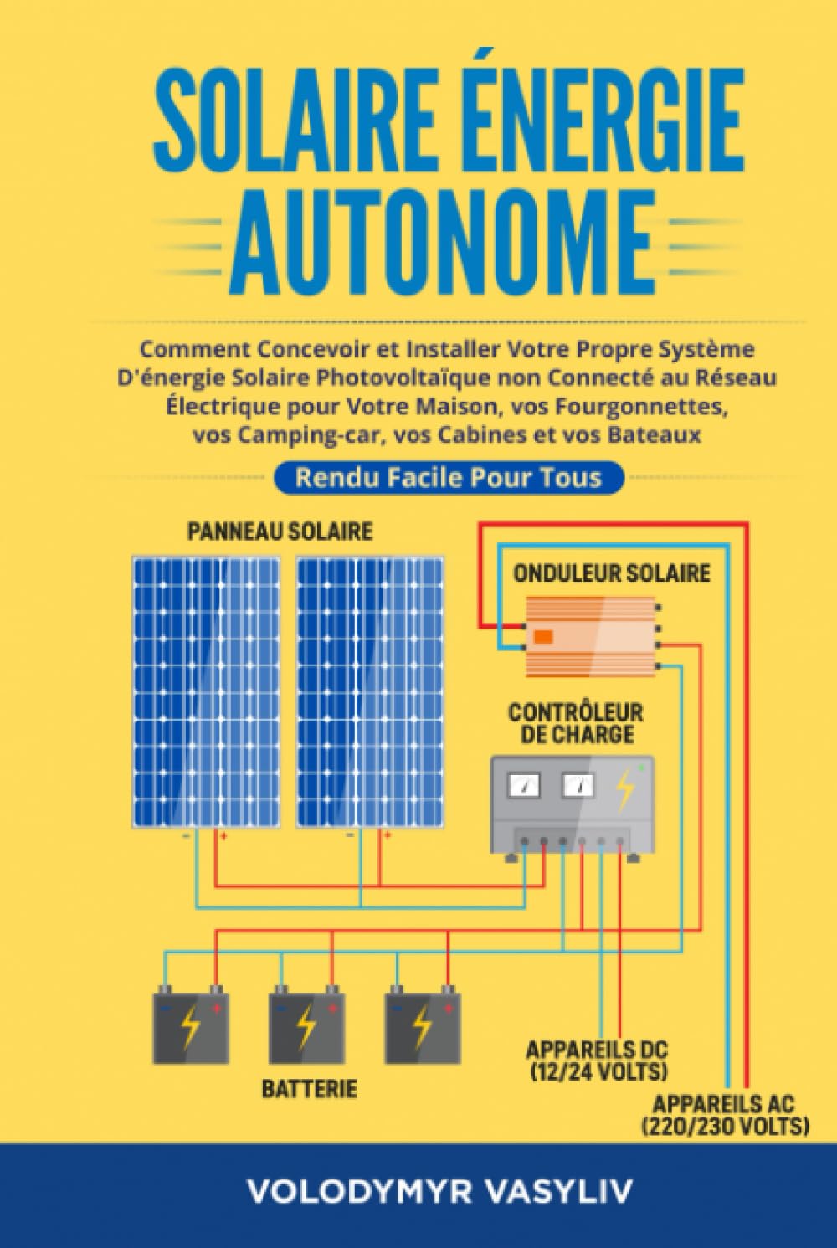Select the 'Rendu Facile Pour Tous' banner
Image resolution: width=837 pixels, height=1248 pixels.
coord(449,477)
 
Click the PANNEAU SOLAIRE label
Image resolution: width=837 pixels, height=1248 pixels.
coord(280,531)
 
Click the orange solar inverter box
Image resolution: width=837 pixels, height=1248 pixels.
coord(591,637)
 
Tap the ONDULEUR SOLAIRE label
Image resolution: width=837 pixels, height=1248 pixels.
coord(612,573)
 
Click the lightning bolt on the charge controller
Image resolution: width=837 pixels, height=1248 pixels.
coord(625,789)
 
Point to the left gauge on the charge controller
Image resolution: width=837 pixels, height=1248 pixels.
coord(524,786)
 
